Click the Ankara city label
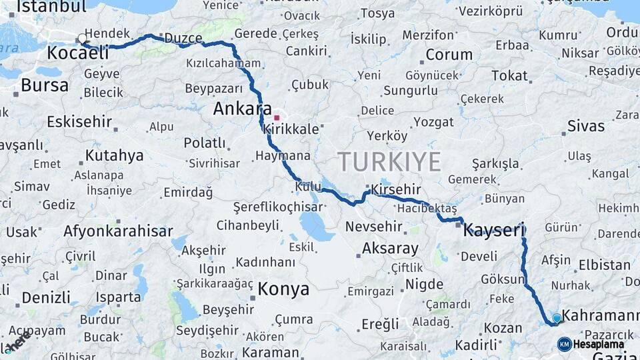[242, 109]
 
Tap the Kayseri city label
[494, 231]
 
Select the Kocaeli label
[78, 53]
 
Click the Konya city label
[283, 289]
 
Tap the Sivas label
[586, 126]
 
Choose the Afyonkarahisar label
[118, 231]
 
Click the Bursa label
[45, 85]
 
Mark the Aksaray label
[390, 249]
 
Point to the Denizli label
[46, 297]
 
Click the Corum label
[449, 55]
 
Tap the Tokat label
[509, 75]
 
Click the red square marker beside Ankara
[277, 118]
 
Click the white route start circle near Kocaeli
[82, 39]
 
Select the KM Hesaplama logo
[591, 344]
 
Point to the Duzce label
[183, 38]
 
